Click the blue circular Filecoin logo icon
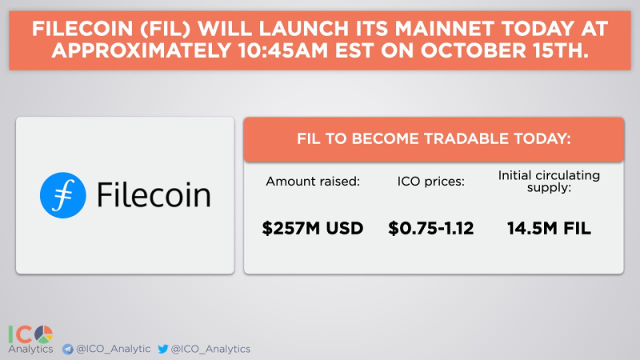click(63, 195)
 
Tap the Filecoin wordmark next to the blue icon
click(153, 195)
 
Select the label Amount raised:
click(313, 182)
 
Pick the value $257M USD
click(313, 229)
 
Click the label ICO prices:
click(431, 182)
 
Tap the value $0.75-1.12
click(431, 229)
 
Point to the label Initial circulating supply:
click(548, 182)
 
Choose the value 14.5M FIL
click(548, 229)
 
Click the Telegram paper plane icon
click(68, 349)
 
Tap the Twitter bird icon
click(163, 349)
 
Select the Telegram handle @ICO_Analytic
click(111, 349)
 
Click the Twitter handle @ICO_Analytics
click(210, 349)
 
